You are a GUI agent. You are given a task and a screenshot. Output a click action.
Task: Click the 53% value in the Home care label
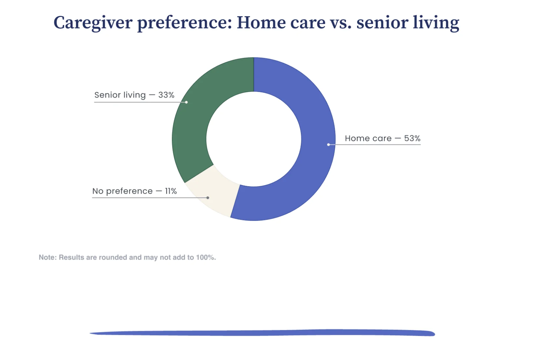coord(412,138)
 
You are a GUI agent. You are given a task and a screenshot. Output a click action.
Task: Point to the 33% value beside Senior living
coord(166,95)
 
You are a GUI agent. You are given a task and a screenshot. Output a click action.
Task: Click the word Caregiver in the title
coord(93,23)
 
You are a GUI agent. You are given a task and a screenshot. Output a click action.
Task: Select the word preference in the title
coord(184,23)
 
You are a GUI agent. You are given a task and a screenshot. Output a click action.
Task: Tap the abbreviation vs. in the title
coord(341,23)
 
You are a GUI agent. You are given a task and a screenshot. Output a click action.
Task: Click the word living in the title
coord(436,23)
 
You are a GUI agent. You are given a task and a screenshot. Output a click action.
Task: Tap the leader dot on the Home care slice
coord(328,145)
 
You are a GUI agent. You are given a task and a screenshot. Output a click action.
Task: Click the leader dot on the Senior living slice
coord(186,102)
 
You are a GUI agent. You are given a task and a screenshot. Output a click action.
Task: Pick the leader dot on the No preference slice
coord(208,198)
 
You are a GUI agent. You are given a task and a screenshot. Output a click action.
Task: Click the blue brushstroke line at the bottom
coord(262,333)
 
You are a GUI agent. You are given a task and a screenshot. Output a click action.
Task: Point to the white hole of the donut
coord(254,139)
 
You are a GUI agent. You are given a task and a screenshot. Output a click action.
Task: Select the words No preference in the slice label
coord(122,191)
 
